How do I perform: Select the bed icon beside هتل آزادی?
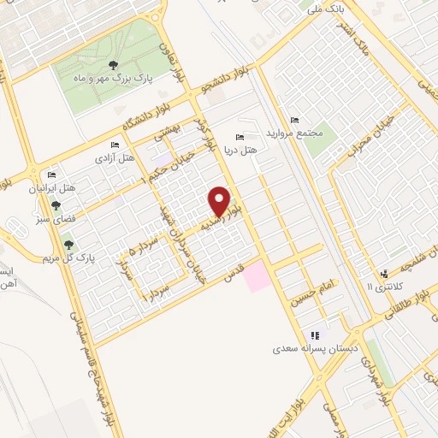(x=115, y=145)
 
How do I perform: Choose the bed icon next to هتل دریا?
(x=240, y=137)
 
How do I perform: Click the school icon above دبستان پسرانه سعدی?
(x=315, y=335)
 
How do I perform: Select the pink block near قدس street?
(x=257, y=276)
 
